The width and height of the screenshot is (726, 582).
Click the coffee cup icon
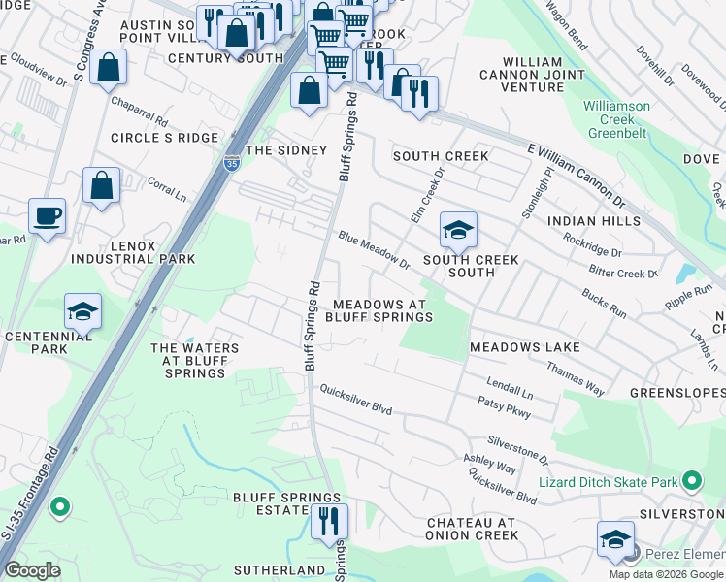[47, 215]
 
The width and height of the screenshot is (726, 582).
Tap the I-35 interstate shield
[231, 163]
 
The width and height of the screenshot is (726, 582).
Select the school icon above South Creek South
[458, 230]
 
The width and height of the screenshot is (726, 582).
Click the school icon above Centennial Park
[83, 311]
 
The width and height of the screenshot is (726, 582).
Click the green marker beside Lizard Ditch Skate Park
[691, 481]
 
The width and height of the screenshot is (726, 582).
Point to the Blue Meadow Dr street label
[374, 249]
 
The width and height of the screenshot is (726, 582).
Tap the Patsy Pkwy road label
[504, 406]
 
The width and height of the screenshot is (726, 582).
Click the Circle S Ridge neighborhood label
[164, 138]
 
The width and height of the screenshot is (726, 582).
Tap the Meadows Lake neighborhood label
[524, 347]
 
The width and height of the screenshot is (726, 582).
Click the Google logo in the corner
[32, 569]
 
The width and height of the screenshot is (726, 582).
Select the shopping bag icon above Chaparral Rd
[109, 68]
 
